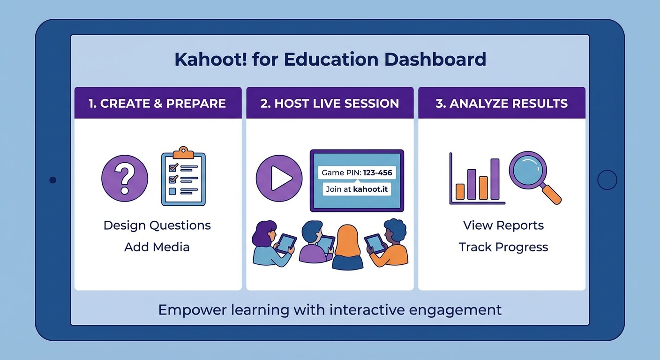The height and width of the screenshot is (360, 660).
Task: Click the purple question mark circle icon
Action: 125,179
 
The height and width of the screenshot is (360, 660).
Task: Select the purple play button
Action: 279,179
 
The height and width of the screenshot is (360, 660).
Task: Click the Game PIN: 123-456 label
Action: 356,172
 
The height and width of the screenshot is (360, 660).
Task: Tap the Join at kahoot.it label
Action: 356,189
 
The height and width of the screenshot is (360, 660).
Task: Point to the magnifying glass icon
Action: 532,172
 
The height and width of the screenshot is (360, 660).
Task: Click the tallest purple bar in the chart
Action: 495,179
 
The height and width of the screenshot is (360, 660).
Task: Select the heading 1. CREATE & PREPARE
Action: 157,104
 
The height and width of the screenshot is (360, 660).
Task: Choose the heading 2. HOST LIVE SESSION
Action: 330,104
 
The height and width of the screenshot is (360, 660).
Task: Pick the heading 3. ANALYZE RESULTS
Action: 502,104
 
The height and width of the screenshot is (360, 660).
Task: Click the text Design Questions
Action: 157,225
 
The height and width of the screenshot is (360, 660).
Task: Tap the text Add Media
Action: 157,247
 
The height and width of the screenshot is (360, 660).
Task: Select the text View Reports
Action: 503,225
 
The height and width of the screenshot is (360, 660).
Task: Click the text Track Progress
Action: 503,247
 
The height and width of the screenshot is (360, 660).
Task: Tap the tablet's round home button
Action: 607,180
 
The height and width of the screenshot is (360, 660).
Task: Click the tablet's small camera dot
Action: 52,180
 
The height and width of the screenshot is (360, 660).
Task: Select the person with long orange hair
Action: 347,248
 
